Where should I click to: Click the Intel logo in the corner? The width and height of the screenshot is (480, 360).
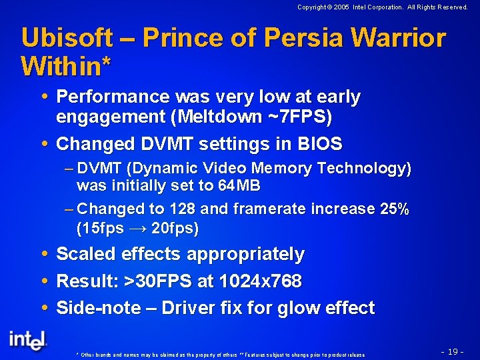point(28,339)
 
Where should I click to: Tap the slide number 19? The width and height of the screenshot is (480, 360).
point(453,351)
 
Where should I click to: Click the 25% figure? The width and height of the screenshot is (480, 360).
point(394,209)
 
